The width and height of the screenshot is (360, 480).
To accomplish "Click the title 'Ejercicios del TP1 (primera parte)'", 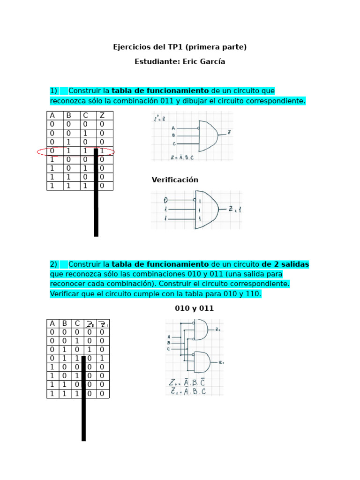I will point(180,47).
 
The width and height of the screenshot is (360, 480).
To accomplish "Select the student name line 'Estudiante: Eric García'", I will point(180,61).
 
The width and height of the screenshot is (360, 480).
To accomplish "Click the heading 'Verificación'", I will point(175,180).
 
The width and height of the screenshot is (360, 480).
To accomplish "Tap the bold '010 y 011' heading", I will point(194,308).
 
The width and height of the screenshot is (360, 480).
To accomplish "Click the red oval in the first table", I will point(75,151).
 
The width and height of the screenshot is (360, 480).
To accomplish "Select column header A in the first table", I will point(52,116).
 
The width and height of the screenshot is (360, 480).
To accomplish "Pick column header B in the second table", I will point(64,323).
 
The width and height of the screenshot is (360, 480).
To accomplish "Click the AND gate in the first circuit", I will point(208,133).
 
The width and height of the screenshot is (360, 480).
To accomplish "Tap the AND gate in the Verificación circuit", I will point(207,210).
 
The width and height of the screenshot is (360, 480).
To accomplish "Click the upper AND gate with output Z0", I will point(201,330).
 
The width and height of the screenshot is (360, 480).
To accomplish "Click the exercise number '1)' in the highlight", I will point(53,90).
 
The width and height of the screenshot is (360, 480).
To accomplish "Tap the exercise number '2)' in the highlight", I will point(53,264).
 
